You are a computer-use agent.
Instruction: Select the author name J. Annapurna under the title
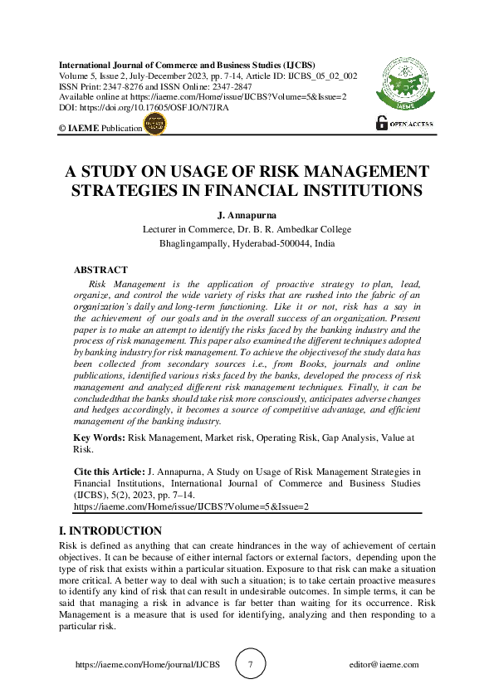[x=247, y=215]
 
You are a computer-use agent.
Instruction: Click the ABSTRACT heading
[x=100, y=270]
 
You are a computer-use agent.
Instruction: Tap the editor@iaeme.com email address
[x=384, y=665]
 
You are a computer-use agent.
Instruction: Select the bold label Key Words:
[x=99, y=437]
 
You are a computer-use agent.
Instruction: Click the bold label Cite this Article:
[x=109, y=472]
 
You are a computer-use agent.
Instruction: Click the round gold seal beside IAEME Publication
[x=155, y=125]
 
